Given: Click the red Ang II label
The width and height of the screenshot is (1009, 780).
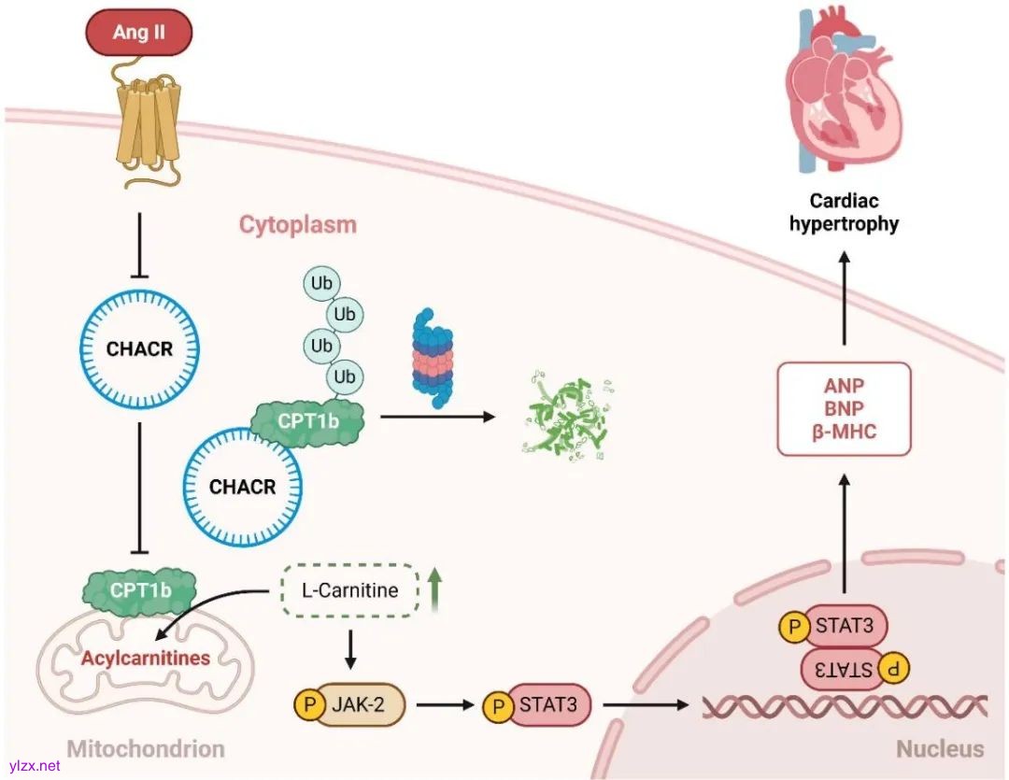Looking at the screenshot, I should coord(138,33).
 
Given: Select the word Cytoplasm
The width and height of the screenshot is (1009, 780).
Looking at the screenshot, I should coord(297,225).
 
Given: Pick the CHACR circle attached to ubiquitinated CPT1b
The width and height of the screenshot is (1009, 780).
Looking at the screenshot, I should coord(242,487).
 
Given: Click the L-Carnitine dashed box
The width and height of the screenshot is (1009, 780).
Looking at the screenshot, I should coord(349,590).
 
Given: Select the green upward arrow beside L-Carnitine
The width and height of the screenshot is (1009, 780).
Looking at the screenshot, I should coord(434,591).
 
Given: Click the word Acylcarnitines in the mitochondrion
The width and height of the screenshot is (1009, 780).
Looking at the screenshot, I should coord(145,658).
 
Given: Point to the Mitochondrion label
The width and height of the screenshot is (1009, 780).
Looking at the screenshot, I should coord(146,748).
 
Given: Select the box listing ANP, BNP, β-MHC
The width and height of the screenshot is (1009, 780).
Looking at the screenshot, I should coord(844,408).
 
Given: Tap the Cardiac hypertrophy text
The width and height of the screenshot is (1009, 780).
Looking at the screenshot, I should coord(844,212).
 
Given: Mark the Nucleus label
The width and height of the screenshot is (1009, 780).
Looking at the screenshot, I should coord(940,748).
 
